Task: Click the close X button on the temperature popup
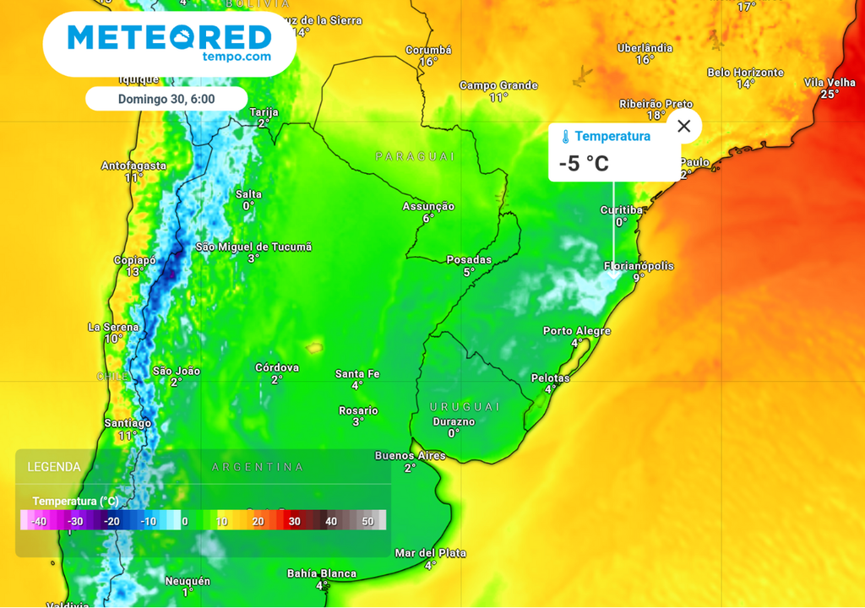[684, 126]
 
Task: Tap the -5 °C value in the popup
[584, 163]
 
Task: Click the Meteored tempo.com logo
[169, 42]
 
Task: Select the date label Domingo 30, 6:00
[166, 99]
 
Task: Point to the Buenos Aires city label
[410, 456]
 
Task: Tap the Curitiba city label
[622, 210]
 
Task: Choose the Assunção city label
[428, 207]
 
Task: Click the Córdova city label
[277, 368]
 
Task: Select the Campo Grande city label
[498, 85]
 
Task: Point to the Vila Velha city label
[830, 83]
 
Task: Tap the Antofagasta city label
[133, 166]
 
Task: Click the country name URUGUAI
[465, 407]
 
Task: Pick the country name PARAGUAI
[415, 156]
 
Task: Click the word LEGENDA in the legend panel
[54, 467]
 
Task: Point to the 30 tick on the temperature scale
[294, 521]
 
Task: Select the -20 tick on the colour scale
[111, 521]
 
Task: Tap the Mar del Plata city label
[430, 553]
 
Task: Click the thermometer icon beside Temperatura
[566, 137]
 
